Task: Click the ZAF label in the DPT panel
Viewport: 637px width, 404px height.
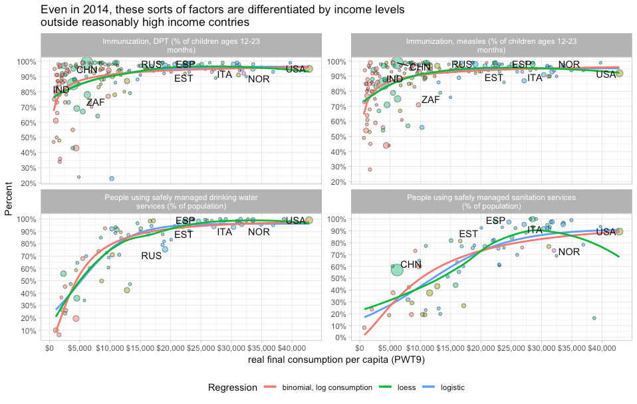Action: click(x=95, y=103)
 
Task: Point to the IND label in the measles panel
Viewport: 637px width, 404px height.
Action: click(x=394, y=79)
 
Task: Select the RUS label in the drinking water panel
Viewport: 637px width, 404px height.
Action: click(x=151, y=256)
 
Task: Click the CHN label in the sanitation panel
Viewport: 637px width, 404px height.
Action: click(x=411, y=264)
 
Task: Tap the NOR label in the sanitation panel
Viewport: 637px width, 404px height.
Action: click(x=569, y=252)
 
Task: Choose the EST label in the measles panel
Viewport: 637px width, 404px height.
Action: click(x=493, y=78)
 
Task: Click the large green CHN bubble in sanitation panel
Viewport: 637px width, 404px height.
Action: click(x=397, y=268)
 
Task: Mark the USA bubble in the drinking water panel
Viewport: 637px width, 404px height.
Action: click(x=309, y=221)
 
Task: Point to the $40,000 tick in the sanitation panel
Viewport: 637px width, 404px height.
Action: click(x=602, y=348)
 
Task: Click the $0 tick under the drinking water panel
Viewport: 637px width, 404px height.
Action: click(x=49, y=348)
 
